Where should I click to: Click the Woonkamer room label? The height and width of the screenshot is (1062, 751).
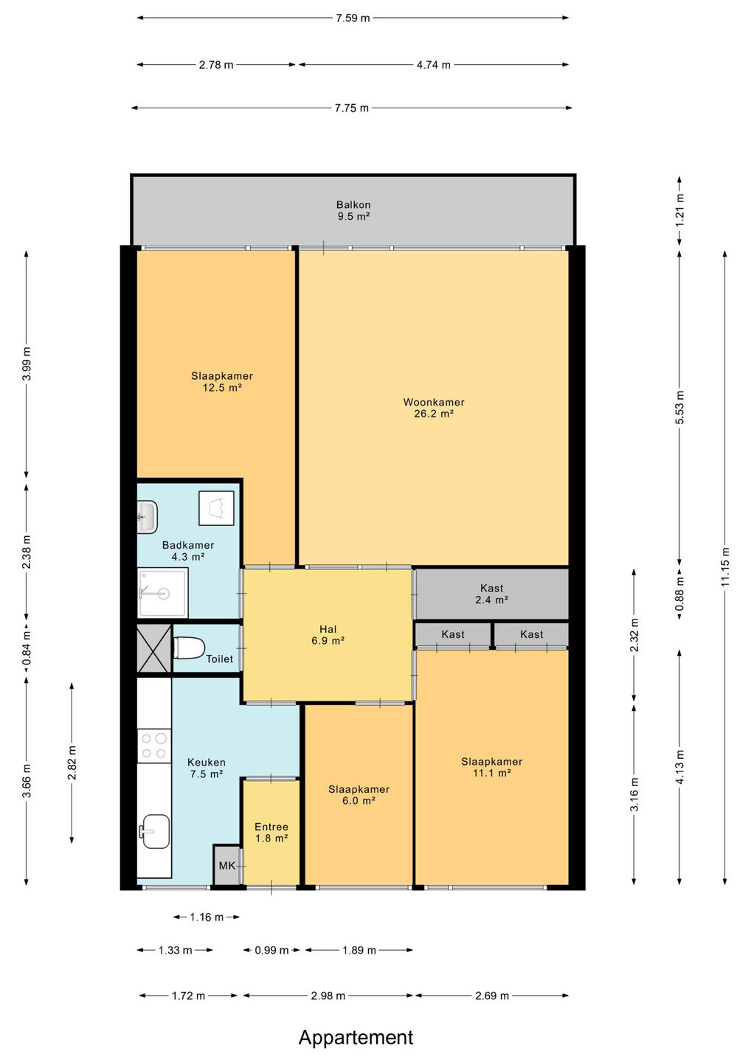[x=433, y=407]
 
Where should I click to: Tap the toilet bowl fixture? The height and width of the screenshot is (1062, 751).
[x=189, y=648]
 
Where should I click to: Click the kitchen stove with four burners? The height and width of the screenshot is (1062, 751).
[x=154, y=746]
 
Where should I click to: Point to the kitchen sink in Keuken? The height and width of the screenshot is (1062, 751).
[x=154, y=831]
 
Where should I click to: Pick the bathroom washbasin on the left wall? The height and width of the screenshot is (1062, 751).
[x=147, y=516]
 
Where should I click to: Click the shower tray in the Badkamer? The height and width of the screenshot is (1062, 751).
[x=162, y=593]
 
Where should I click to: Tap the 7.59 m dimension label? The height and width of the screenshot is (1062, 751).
[x=353, y=18]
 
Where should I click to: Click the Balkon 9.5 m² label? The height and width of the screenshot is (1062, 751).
[x=353, y=210]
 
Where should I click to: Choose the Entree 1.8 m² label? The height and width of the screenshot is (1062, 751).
[x=271, y=832]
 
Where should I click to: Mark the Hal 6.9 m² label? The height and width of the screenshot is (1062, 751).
[x=328, y=635]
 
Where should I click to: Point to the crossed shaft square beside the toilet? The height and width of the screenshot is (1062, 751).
[x=153, y=648]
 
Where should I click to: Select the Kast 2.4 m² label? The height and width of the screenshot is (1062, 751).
[x=491, y=594]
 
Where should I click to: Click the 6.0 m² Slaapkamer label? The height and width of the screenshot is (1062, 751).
[x=359, y=794]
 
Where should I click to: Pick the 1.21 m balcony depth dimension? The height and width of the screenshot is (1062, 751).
[x=679, y=210]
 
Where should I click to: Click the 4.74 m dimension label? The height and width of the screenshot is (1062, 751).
[x=433, y=65]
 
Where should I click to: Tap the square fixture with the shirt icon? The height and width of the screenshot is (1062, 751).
[x=216, y=507]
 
